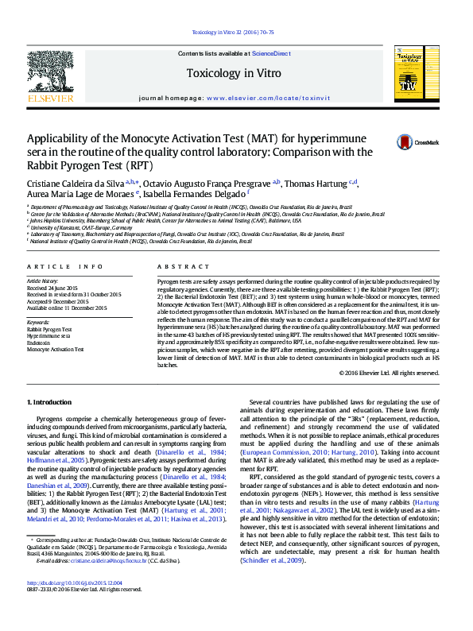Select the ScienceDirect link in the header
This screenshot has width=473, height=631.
tap(271, 53)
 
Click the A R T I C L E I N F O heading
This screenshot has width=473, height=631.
tap(65, 267)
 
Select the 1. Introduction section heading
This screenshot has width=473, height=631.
tap(50, 404)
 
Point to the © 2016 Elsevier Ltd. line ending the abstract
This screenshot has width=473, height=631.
tap(389, 373)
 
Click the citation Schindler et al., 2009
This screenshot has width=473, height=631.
tap(273, 560)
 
